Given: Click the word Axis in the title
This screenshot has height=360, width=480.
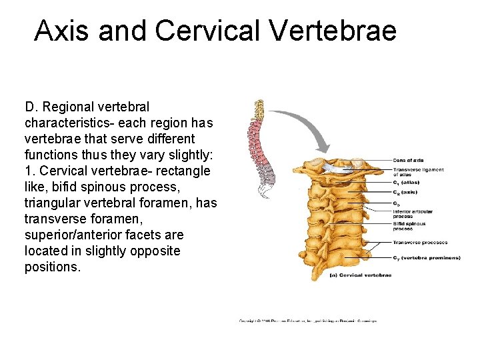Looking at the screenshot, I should click(62, 31).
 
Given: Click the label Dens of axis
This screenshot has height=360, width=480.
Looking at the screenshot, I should click(408, 160).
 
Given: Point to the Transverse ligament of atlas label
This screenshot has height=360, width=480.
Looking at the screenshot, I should click(418, 172).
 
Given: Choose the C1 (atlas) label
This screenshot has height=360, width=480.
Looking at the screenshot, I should click(406, 182).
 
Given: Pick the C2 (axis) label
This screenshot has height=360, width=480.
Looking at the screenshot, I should click(405, 191).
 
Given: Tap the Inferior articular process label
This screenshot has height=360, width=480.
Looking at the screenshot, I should click(412, 214).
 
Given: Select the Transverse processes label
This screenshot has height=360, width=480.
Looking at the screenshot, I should click(420, 242).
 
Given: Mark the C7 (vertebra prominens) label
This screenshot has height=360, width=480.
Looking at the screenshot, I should click(426, 257).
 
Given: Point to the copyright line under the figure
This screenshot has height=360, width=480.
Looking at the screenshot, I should click(308, 321).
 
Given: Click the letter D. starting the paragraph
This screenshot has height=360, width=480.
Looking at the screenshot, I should click(31, 107).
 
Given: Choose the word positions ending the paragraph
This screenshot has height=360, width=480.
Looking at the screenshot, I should click(52, 267).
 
